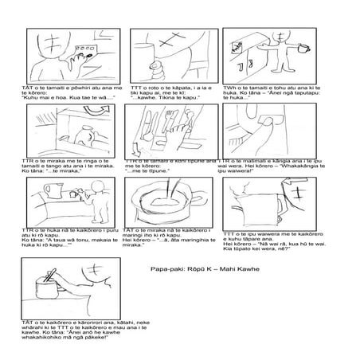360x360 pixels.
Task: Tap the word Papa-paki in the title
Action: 165,269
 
